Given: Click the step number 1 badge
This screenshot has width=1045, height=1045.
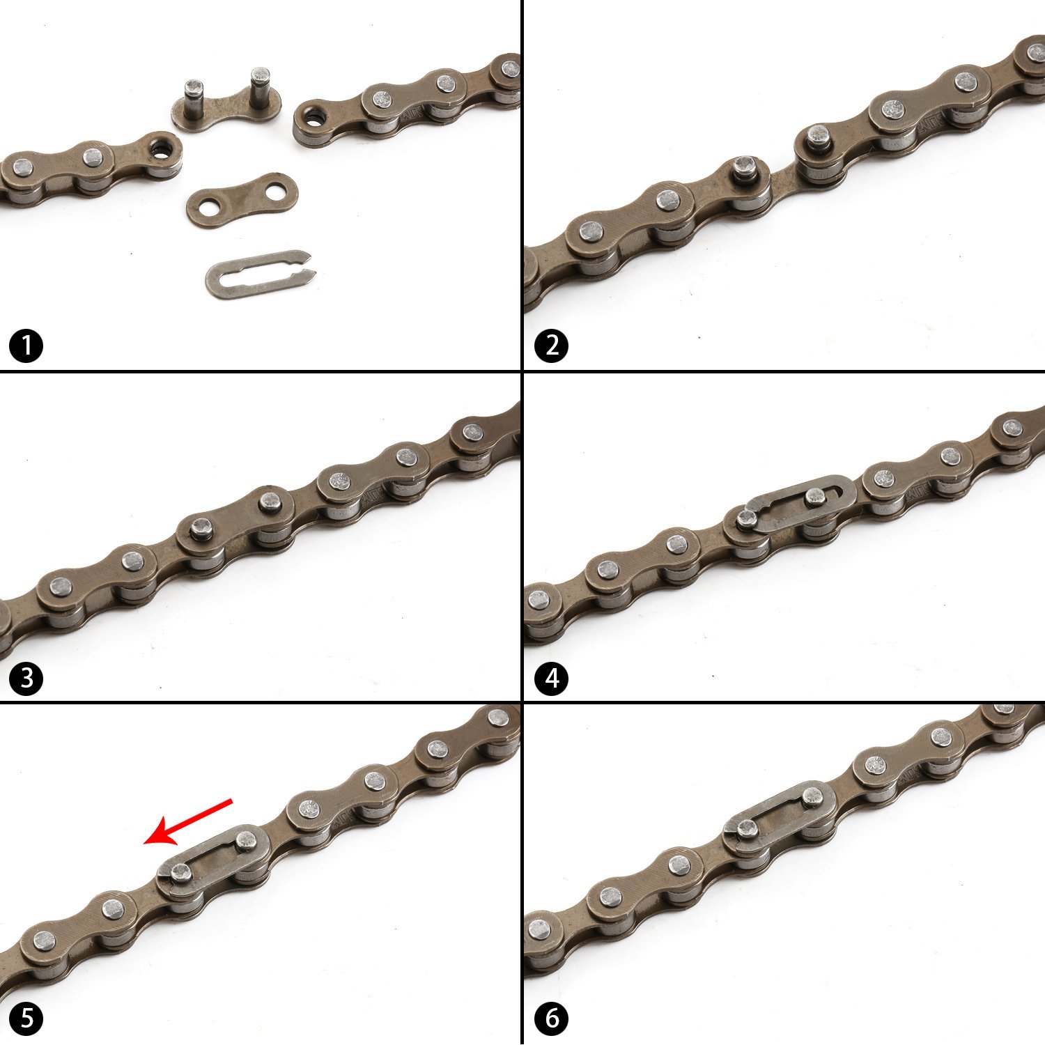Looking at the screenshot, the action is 26,346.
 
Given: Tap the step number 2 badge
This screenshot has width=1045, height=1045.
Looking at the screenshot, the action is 552,346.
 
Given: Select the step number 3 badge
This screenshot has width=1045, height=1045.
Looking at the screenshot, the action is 26,678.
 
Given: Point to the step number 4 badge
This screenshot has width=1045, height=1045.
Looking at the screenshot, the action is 552,678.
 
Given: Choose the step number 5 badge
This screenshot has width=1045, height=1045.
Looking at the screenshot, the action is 26,1019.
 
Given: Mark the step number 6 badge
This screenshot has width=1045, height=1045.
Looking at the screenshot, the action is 552,1019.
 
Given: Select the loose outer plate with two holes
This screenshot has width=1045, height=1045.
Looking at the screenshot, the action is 242,199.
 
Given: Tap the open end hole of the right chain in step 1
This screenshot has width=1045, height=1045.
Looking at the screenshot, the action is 311,114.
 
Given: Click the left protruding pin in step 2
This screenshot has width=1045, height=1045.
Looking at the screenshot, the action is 745,167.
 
